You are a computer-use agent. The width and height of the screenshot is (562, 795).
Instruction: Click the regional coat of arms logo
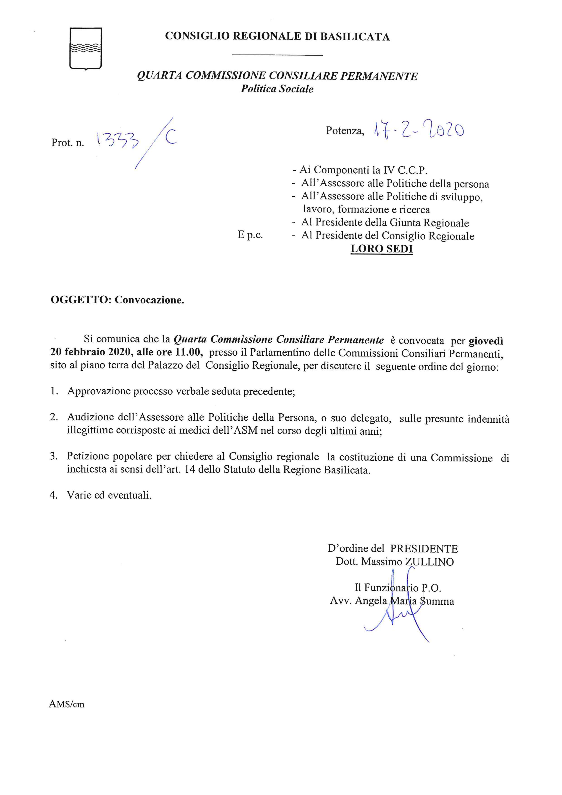pos(85,49)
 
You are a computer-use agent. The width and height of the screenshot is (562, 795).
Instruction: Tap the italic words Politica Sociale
pos(277,89)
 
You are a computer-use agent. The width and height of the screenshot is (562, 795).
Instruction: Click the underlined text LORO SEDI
pos(382,249)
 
